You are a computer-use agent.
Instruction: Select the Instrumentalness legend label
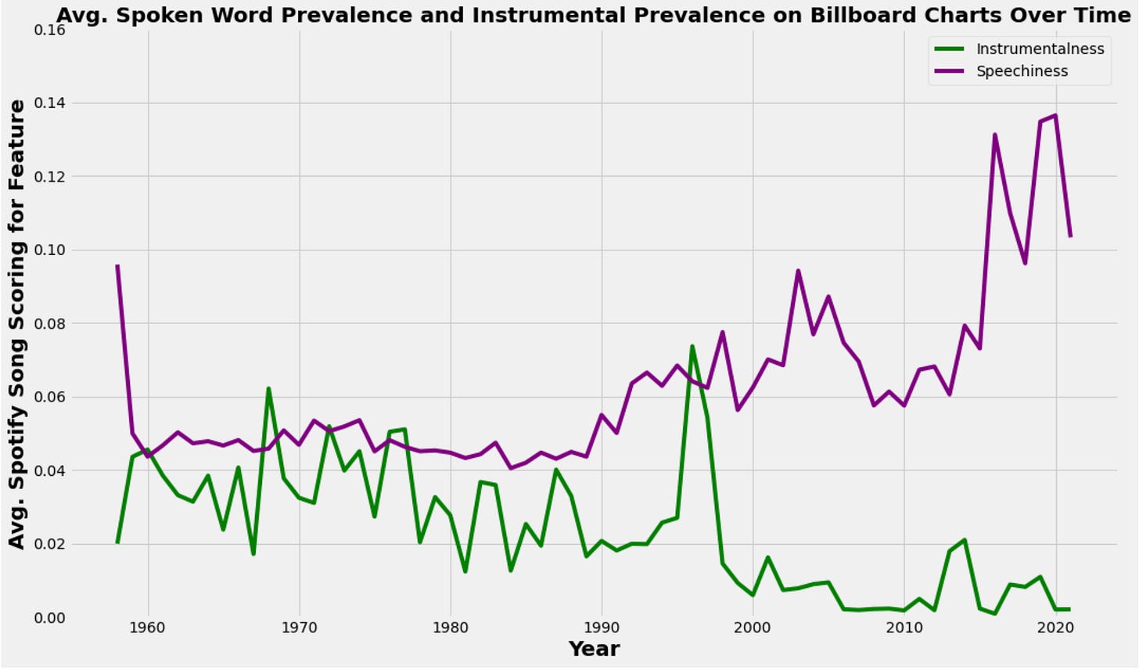tap(1040, 49)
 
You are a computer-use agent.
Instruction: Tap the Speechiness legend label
tap(1022, 71)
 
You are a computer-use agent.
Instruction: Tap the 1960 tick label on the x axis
tap(148, 629)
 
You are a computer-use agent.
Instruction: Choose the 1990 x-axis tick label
tap(601, 629)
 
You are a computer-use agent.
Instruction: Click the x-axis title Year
tap(594, 649)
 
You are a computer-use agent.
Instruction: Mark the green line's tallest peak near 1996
tap(692, 346)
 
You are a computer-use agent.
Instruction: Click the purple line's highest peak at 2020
tap(1055, 116)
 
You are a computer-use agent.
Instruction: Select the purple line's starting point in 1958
tap(117, 266)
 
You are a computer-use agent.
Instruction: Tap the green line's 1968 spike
tap(268, 388)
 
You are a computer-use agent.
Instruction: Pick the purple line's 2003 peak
tap(798, 271)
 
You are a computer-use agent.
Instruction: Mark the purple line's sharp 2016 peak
tap(994, 135)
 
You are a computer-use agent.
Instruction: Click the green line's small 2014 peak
tap(965, 540)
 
